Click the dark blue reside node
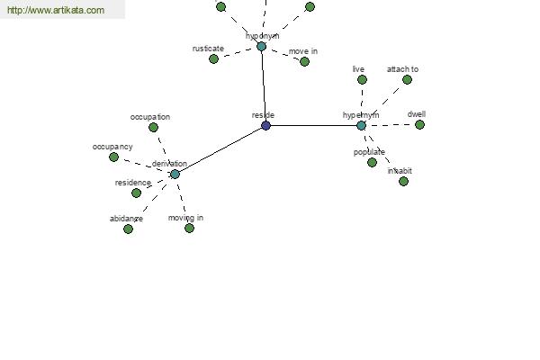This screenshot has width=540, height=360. pyautogui.click(x=265, y=125)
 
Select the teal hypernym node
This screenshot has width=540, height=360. pyautogui.click(x=361, y=125)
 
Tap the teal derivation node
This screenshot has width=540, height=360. pyautogui.click(x=175, y=174)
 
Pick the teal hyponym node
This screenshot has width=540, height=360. pyautogui.click(x=261, y=47)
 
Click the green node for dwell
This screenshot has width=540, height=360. pyautogui.click(x=419, y=125)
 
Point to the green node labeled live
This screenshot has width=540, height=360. pyautogui.click(x=362, y=80)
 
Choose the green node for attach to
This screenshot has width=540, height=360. pyautogui.click(x=407, y=80)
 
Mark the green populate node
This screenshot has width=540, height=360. pyautogui.click(x=372, y=162)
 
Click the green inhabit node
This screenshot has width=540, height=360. pyautogui.click(x=403, y=181)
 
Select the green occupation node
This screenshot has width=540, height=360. pyautogui.click(x=153, y=128)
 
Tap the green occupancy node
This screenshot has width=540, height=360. pyautogui.click(x=113, y=157)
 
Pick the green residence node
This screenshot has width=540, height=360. pyautogui.click(x=137, y=193)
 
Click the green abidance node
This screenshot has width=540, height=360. pyautogui.click(x=128, y=229)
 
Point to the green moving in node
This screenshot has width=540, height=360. pyautogui.click(x=189, y=228)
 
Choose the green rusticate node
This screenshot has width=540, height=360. pyautogui.click(x=213, y=58)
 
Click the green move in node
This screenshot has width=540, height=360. pyautogui.click(x=304, y=62)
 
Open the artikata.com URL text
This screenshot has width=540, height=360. pyautogui.click(x=56, y=10)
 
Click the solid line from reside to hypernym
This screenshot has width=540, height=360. pyautogui.click(x=313, y=125)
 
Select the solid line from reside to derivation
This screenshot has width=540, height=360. pyautogui.click(x=220, y=150)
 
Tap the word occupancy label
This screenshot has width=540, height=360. pyautogui.click(x=112, y=147)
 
